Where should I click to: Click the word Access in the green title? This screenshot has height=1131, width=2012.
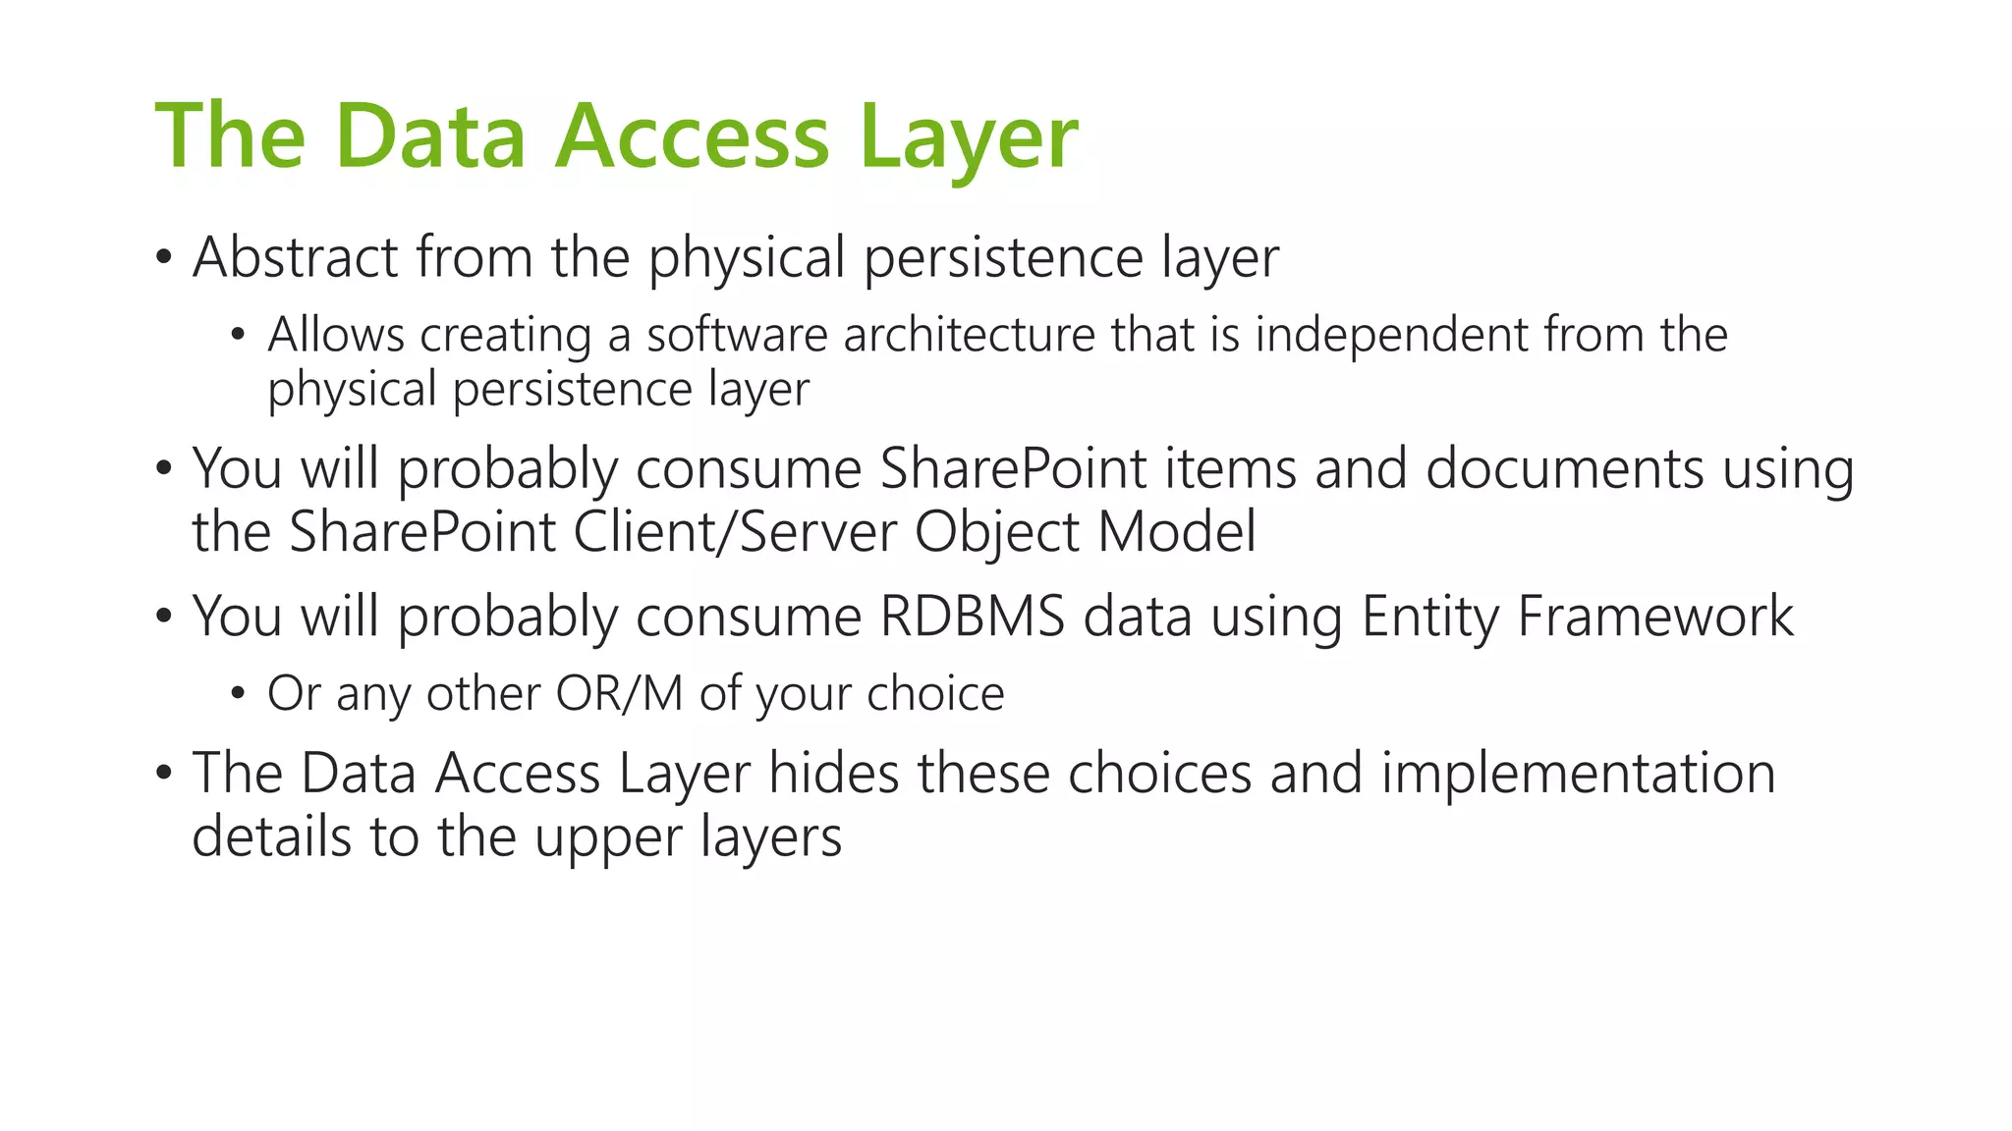(693, 137)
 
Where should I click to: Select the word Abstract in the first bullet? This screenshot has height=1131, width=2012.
(295, 257)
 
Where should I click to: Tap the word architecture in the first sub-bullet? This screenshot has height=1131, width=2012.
(969, 335)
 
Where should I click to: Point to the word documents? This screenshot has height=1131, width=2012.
(1564, 468)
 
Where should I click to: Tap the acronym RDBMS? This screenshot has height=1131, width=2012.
(972, 617)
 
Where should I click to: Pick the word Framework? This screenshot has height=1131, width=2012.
(1655, 617)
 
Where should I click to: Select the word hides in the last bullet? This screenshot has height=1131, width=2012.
(833, 773)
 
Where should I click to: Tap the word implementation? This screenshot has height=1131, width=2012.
(1578, 775)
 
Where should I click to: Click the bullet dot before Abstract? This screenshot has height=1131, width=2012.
(163, 259)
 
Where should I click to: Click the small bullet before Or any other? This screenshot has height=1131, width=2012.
(237, 694)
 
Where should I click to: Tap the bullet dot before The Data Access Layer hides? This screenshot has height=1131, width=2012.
(163, 774)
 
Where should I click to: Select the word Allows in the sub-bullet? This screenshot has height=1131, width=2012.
(336, 335)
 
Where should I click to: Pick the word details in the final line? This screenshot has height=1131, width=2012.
(271, 837)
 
